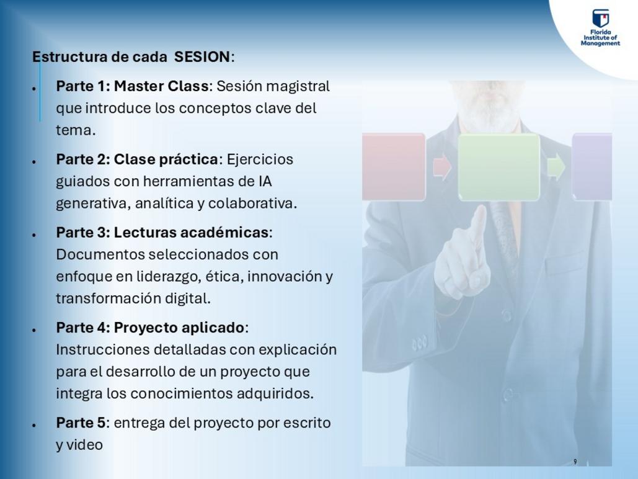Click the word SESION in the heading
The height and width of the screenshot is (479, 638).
coord(202,56)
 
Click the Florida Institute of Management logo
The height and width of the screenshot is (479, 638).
coord(600,27)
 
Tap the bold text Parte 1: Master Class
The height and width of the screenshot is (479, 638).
coord(132,86)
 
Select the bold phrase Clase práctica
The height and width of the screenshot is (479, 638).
coord(166,159)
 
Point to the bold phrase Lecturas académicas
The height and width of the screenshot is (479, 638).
coord(191,232)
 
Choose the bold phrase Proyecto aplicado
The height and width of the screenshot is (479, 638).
coord(179,328)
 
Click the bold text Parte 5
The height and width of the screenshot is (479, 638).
coord(81,423)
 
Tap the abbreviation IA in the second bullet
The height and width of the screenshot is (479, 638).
coord(265,181)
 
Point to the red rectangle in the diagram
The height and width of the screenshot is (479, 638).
coord(394,166)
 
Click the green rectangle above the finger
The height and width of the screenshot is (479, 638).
coord(499,167)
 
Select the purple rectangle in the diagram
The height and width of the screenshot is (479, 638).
coord(592,166)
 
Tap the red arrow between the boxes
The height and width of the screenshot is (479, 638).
coord(442,166)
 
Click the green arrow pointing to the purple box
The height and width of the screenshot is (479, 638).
coord(556,166)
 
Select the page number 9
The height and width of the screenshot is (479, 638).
coord(575,462)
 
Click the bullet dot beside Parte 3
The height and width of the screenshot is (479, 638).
coord(35,235)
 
